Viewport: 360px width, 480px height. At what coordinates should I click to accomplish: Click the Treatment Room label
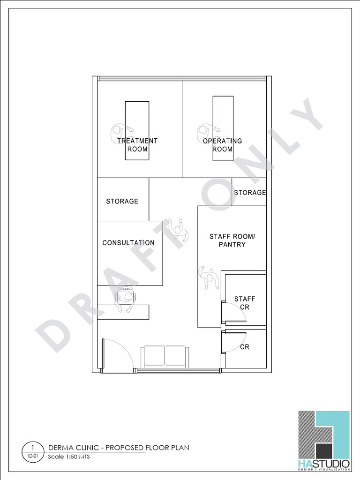(x=137, y=145)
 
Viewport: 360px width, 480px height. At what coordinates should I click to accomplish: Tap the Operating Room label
(x=222, y=145)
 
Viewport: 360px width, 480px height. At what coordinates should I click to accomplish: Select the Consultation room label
(x=128, y=243)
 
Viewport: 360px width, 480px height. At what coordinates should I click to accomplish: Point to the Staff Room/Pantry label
(x=232, y=240)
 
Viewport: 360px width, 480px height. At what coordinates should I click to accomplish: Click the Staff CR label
(x=245, y=303)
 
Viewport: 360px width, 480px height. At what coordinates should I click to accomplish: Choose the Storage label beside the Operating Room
(x=250, y=193)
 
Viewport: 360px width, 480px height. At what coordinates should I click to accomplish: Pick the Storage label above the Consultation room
(x=122, y=201)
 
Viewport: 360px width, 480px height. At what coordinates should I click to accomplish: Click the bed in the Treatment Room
(x=137, y=131)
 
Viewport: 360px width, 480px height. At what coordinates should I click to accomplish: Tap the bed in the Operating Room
(x=223, y=128)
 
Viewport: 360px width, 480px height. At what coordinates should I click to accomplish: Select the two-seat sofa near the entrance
(x=165, y=356)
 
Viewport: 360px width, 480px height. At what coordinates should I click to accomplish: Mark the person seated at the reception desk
(x=125, y=300)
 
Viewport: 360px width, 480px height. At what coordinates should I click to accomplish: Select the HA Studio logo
(x=324, y=441)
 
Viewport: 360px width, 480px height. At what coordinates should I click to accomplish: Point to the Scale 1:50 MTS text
(x=69, y=457)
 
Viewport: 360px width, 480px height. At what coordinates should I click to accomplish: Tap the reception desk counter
(x=123, y=312)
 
